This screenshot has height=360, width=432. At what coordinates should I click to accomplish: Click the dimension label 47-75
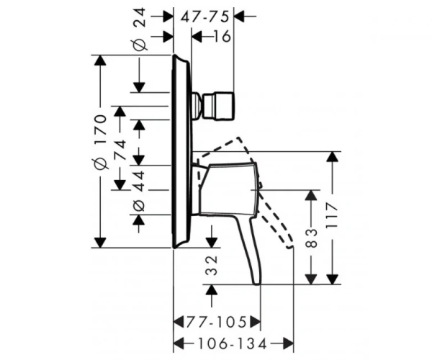point(205,17)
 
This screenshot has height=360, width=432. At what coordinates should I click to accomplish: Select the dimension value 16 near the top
point(222,36)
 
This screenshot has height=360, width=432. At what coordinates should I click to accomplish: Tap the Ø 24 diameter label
point(140,30)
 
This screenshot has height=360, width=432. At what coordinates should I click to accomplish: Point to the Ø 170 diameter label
point(100,142)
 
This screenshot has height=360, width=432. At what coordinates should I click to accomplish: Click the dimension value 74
point(120,149)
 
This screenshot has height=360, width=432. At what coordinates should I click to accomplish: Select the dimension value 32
point(212,265)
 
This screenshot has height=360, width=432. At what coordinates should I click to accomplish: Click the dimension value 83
point(312,238)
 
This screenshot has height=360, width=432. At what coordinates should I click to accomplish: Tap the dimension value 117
point(331,215)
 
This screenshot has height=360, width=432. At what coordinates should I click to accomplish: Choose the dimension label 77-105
point(216,322)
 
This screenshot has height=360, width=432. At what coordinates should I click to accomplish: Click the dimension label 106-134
point(233,343)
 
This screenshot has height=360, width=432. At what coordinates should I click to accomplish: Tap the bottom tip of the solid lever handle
point(256,284)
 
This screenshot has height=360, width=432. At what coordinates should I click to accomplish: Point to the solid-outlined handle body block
point(228,189)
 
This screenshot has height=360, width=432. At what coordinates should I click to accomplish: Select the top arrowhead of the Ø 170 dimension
point(100,60)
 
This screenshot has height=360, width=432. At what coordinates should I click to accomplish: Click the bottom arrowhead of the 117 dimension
point(333,279)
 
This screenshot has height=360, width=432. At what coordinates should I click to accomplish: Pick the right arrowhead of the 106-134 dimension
point(288,343)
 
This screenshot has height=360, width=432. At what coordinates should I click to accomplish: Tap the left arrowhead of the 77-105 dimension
point(179,322)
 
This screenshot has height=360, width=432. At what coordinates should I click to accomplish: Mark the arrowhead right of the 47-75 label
point(239,17)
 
